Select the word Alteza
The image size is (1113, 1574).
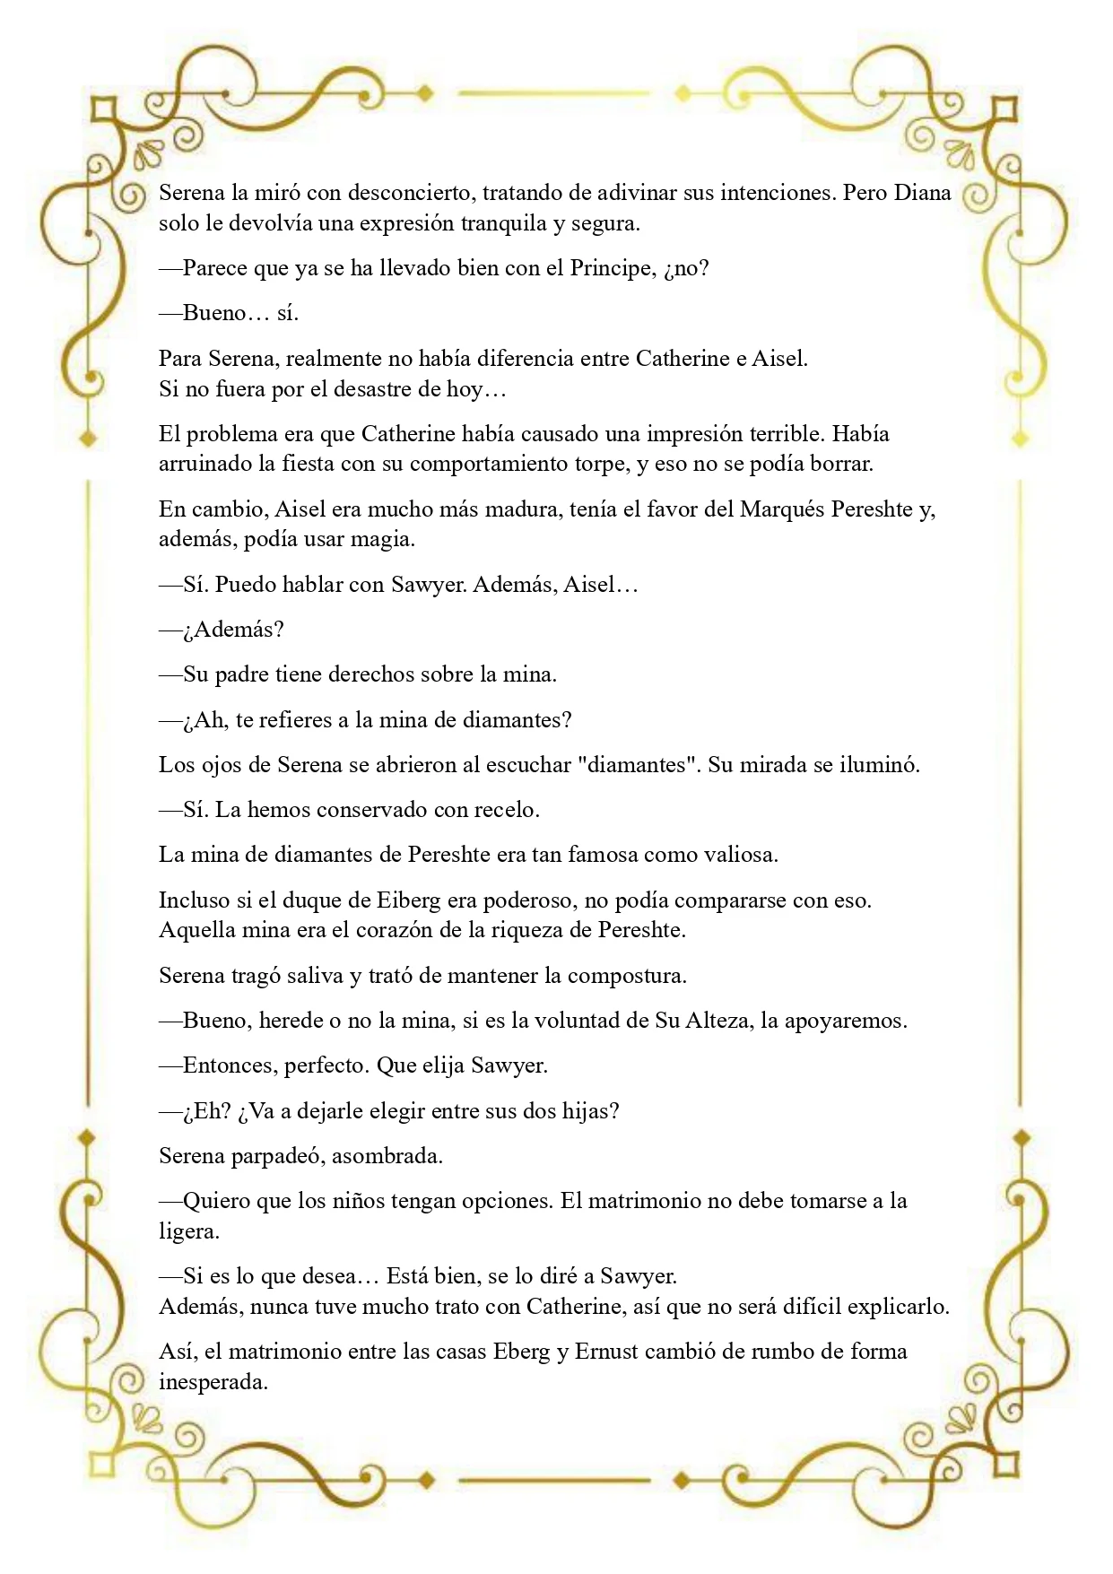[718, 1021]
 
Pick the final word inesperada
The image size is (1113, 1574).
[213, 1382]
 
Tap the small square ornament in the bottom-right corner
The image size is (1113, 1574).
[1007, 1465]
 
